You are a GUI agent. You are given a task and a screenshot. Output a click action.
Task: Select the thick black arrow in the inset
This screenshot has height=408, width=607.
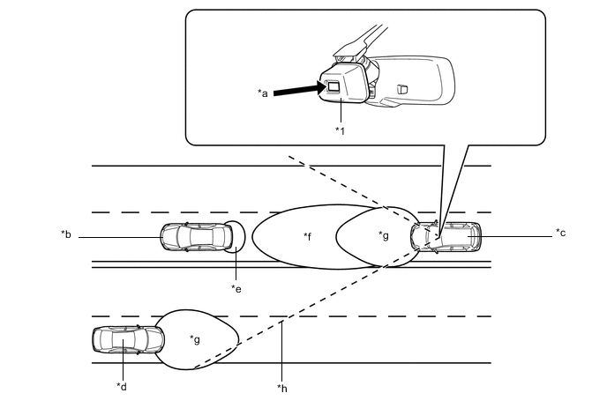coord(296,88)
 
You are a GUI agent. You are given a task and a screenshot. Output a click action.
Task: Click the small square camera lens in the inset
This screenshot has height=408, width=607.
coord(333,86)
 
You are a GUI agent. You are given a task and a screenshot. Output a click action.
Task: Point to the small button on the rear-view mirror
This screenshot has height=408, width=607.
coord(402,88)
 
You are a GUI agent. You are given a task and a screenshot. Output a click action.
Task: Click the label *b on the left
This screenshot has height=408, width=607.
coord(65,234)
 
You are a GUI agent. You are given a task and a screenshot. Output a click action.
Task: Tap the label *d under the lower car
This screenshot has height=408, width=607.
coord(121,385)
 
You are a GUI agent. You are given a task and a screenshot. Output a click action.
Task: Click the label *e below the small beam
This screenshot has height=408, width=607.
coord(236,287)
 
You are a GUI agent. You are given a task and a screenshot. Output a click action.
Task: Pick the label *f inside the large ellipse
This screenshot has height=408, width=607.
coord(307,236)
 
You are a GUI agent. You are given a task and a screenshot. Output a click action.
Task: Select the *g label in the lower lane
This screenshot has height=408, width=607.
coord(195,338)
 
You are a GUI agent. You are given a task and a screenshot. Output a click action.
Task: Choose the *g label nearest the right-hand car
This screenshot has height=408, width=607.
coord(383,234)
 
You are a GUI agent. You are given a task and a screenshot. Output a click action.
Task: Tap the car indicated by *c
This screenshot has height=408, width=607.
coord(448,236)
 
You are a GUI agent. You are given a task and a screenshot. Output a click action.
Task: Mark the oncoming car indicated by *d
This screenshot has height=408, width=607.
coord(127,340)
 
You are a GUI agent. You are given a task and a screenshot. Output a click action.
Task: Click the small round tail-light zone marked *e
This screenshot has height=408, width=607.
coord(237,235)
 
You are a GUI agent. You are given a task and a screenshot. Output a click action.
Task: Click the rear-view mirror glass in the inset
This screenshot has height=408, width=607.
coord(419,81)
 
